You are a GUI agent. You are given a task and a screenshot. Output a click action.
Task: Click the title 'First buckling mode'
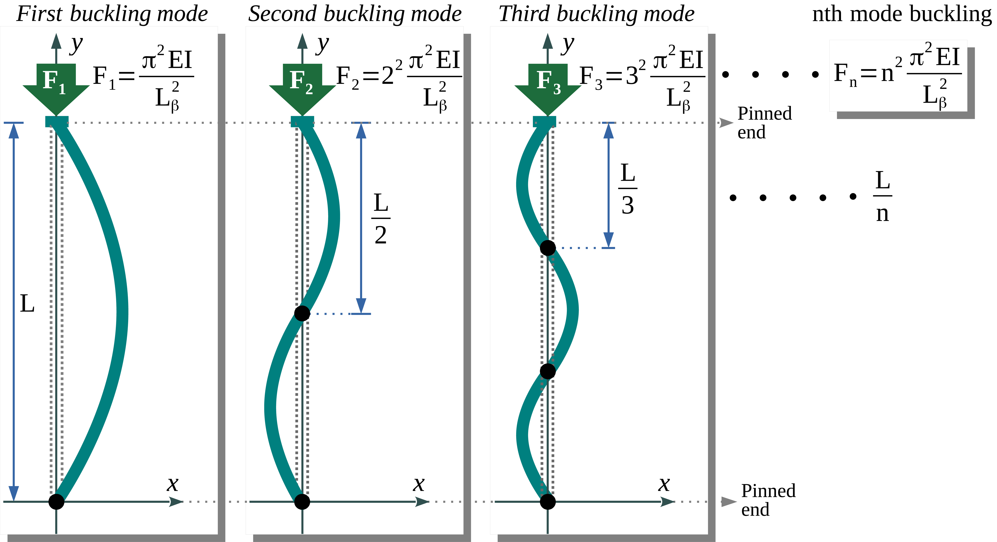[x=112, y=14]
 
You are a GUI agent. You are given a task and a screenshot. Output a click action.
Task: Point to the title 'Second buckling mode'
[x=355, y=14]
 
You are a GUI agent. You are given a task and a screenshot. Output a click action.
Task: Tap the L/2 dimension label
[x=381, y=218]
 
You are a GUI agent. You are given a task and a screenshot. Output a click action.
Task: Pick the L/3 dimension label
[x=627, y=189]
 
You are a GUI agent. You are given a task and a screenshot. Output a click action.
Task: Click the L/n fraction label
[x=883, y=196]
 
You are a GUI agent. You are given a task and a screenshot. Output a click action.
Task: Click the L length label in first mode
[x=27, y=304]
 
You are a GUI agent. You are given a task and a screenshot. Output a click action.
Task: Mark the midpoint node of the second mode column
[x=302, y=313]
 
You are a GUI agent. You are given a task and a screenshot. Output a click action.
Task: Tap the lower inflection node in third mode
[x=548, y=371]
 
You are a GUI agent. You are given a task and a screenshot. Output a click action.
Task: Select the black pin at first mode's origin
[x=56, y=502]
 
